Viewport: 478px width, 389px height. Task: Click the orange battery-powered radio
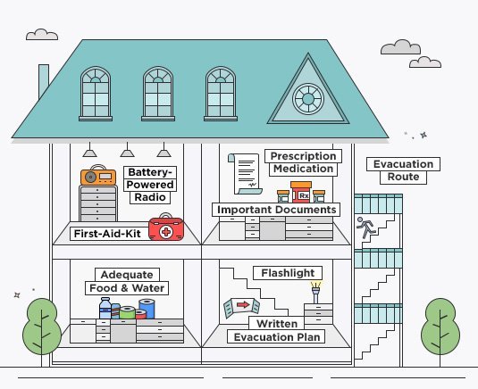98,176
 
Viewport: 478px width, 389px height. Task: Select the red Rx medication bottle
301,192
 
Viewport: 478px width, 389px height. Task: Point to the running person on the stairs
365,228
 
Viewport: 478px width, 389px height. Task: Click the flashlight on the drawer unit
315,293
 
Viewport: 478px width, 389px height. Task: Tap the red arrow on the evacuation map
243,304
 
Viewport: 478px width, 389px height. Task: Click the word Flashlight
288,273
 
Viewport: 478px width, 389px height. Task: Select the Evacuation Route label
403,170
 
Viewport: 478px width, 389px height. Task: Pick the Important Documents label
276,210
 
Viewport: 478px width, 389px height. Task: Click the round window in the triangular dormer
308,99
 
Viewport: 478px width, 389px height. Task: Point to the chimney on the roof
44,80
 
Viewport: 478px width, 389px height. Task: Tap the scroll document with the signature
246,173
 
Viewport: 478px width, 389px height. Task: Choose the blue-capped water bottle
105,308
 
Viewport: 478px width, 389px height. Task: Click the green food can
128,312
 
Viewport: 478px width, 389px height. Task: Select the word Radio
150,197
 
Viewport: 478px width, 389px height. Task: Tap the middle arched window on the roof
158,94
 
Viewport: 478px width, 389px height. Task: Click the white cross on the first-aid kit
166,232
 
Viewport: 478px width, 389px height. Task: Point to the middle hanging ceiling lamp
127,150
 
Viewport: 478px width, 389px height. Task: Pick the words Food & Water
127,288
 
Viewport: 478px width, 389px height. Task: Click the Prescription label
303,156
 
